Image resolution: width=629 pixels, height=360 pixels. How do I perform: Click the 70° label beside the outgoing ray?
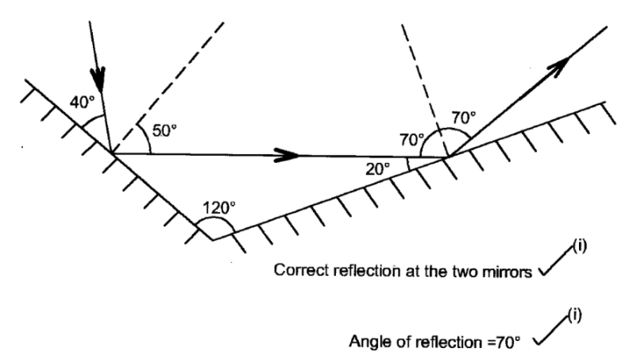tap(464, 117)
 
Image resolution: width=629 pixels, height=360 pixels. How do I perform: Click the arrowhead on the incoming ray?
tap(98, 77)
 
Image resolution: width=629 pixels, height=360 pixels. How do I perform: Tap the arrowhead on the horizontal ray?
tap(288, 155)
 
